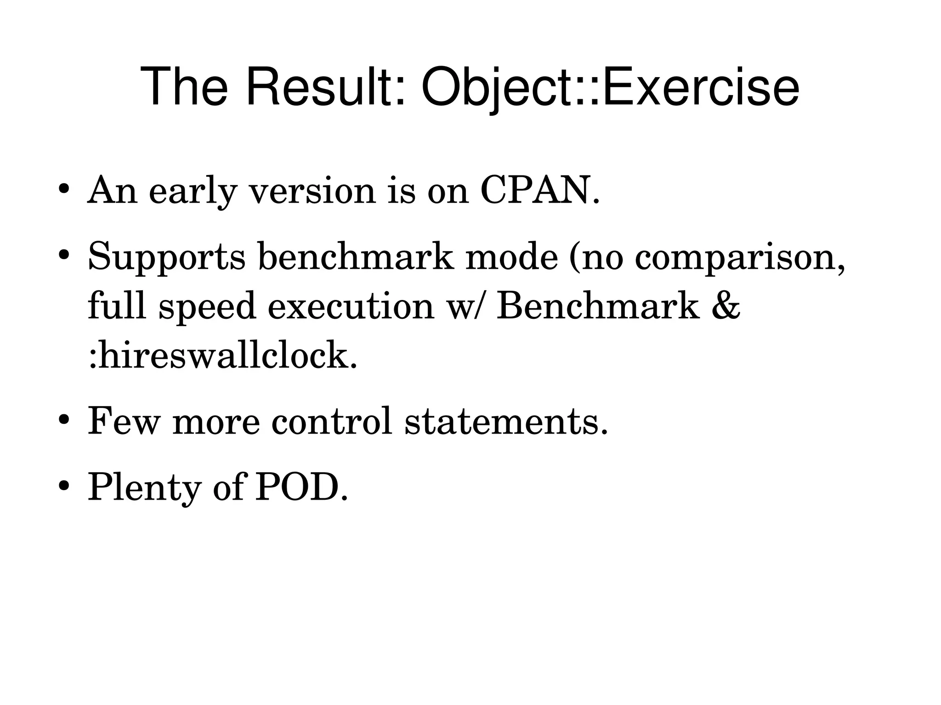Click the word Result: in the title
326,87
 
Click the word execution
351,307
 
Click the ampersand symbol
726,307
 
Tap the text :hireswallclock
222,356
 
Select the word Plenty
144,488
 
